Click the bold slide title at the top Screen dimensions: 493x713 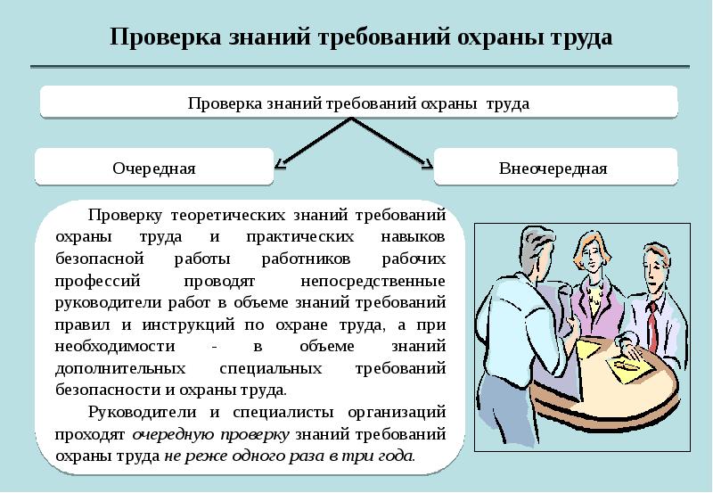coord(361,38)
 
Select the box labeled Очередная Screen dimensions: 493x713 coord(153,168)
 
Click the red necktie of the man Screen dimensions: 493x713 coord(652,325)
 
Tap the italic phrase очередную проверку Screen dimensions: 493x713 coord(210,433)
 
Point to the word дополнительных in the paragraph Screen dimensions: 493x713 coord(119,368)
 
